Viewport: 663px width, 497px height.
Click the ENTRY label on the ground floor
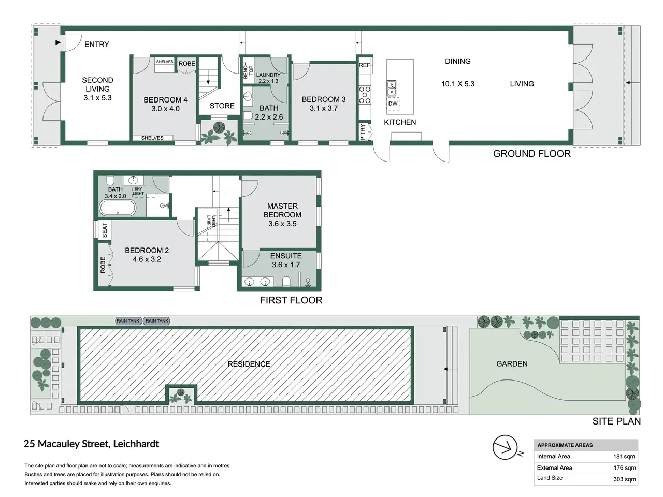point(97,45)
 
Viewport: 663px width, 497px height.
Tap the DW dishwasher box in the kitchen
point(393,104)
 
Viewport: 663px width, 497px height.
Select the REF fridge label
point(364,65)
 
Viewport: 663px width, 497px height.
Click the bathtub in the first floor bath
point(118,208)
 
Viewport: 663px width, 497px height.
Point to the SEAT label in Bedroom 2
point(105,230)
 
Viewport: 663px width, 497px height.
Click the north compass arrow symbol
point(506,447)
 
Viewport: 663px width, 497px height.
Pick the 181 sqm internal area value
point(624,456)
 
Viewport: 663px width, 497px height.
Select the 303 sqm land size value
point(624,479)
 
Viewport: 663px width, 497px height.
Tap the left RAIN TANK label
point(128,321)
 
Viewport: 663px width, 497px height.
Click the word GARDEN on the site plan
point(512,363)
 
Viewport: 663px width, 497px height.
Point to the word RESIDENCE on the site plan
point(249,364)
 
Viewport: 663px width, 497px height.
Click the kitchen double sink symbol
point(392,88)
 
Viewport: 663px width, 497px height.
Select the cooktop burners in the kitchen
point(365,95)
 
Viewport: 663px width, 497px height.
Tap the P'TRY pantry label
point(363,132)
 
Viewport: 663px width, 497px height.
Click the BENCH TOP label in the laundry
point(248,70)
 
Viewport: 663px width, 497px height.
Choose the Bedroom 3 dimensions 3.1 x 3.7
point(324,108)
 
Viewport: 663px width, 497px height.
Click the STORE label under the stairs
point(222,106)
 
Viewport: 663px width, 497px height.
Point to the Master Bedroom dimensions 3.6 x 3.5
point(282,224)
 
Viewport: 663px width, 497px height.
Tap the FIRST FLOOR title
point(291,300)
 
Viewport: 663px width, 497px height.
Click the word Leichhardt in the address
point(136,444)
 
